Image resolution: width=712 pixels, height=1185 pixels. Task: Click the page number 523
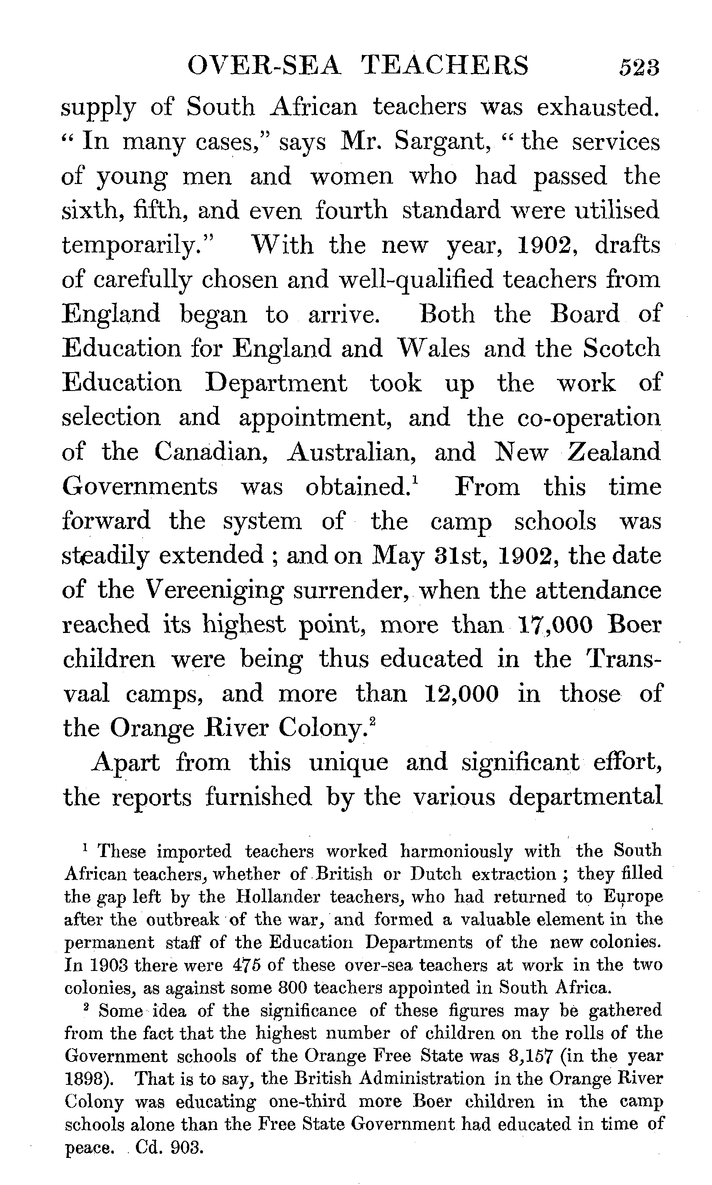(639, 67)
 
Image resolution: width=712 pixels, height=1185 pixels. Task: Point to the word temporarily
(137, 246)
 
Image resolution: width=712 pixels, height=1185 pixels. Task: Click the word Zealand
(614, 452)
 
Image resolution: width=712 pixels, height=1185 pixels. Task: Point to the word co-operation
(589, 418)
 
